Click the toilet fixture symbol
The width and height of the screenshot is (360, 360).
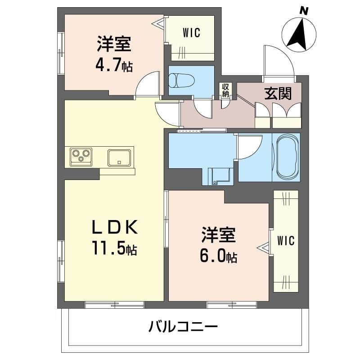click(181, 81)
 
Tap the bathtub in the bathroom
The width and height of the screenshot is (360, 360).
click(288, 157)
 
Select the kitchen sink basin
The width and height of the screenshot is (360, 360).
click(119, 157)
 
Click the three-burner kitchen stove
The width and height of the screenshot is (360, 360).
click(81, 157)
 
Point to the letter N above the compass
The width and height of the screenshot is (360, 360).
click(304, 11)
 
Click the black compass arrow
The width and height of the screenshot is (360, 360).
click(298, 35)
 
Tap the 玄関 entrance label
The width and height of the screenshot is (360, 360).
click(278, 94)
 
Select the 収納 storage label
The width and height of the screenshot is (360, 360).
click(225, 91)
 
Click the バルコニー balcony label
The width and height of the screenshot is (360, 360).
click(183, 326)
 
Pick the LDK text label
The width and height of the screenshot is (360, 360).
click(115, 227)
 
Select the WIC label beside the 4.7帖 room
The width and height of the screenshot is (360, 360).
click(192, 32)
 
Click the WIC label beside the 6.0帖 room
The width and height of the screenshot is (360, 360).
click(286, 241)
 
